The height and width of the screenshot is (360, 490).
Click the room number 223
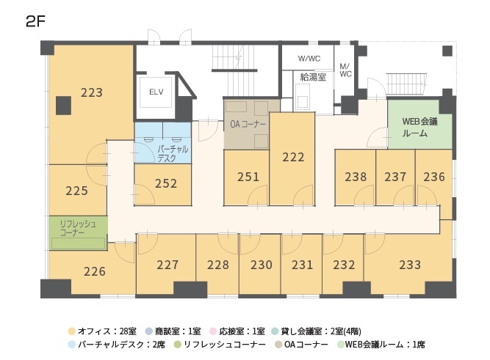[x=92, y=92]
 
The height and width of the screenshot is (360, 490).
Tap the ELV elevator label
[x=156, y=92]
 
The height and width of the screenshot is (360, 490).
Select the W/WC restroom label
[x=309, y=59]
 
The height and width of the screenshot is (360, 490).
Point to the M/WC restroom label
[x=345, y=70]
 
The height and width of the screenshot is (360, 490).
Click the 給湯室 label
[x=313, y=77]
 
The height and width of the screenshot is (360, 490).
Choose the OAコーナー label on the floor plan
[x=248, y=124]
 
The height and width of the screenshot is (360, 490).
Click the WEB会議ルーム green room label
[x=419, y=128]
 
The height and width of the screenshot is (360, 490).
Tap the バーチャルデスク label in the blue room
[x=173, y=153]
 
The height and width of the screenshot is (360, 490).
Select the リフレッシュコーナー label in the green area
[x=78, y=228]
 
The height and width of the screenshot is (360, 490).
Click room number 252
[x=166, y=183]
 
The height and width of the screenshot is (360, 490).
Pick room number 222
[x=293, y=157]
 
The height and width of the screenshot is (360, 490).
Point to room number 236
[x=434, y=177]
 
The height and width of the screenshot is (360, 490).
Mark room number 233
[x=410, y=265]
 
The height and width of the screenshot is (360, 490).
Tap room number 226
[x=95, y=272]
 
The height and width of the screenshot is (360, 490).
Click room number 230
[x=262, y=265]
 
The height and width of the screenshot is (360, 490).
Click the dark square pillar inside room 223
[x=64, y=106]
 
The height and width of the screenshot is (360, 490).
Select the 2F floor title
[x=35, y=21]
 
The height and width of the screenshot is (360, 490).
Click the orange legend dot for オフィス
[x=72, y=331]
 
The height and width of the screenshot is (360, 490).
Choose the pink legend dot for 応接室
[x=214, y=331]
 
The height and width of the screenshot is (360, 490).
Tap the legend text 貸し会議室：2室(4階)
[x=321, y=331]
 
